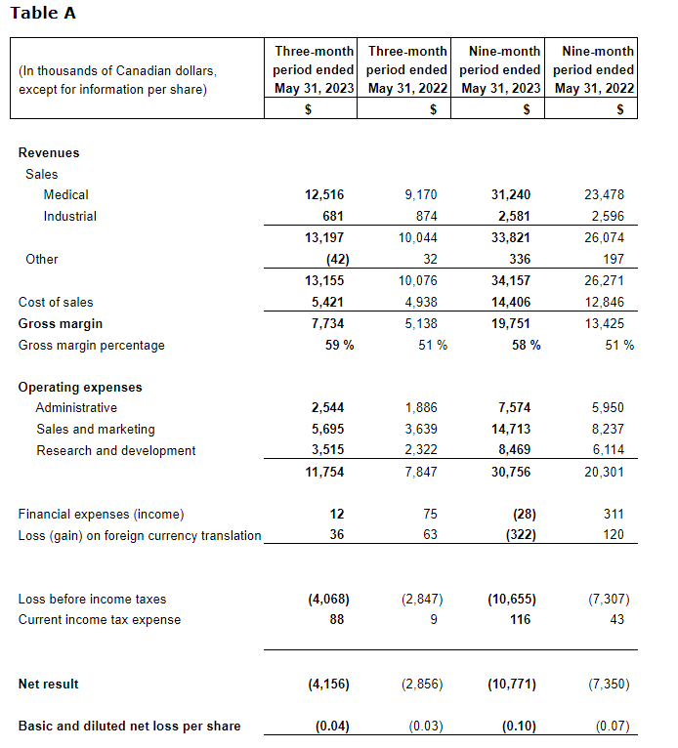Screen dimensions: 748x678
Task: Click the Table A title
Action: tap(43, 14)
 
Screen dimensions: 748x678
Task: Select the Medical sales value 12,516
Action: tap(324, 195)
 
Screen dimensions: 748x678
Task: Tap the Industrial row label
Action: tap(69, 217)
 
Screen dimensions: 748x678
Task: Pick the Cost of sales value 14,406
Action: tap(516, 303)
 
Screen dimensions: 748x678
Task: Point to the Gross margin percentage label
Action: tap(92, 346)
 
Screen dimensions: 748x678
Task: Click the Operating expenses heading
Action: tap(80, 388)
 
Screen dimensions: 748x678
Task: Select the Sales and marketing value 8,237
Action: tap(607, 430)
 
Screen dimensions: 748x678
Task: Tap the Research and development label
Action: tap(116, 451)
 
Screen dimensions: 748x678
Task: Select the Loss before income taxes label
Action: tap(93, 600)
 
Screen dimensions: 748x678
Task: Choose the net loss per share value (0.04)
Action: tap(332, 727)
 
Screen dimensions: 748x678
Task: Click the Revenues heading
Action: tap(49, 153)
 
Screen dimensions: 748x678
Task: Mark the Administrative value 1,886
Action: tap(420, 408)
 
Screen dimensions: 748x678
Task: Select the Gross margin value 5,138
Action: tap(420, 324)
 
